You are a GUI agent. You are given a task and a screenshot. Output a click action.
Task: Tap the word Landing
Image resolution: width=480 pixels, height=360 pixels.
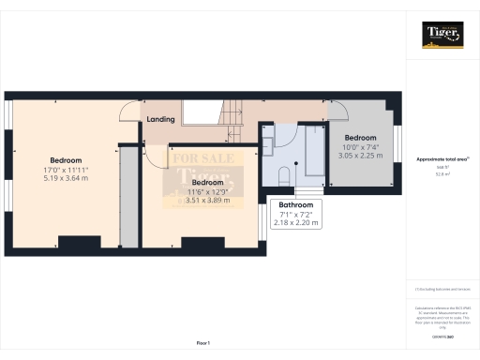[x=161, y=119]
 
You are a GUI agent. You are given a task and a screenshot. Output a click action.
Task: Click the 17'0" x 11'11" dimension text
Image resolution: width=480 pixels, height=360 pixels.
[x=66, y=170]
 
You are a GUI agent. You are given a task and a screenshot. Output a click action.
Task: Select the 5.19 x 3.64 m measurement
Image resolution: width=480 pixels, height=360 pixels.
[x=66, y=179]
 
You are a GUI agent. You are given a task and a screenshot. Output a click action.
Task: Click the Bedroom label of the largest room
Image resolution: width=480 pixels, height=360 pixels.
[x=66, y=160]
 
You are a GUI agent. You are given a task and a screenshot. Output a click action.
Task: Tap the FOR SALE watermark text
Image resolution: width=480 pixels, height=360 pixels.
[x=195, y=158]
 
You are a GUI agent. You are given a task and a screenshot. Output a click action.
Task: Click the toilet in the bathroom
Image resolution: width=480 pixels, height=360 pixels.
[x=284, y=174]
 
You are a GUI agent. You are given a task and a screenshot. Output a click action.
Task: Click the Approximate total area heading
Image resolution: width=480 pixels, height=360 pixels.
[x=442, y=159]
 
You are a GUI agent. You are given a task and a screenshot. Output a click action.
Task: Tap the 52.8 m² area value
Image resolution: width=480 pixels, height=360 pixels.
[x=442, y=173]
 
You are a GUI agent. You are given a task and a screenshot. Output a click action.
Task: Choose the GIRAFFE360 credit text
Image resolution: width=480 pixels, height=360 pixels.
[x=442, y=335]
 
